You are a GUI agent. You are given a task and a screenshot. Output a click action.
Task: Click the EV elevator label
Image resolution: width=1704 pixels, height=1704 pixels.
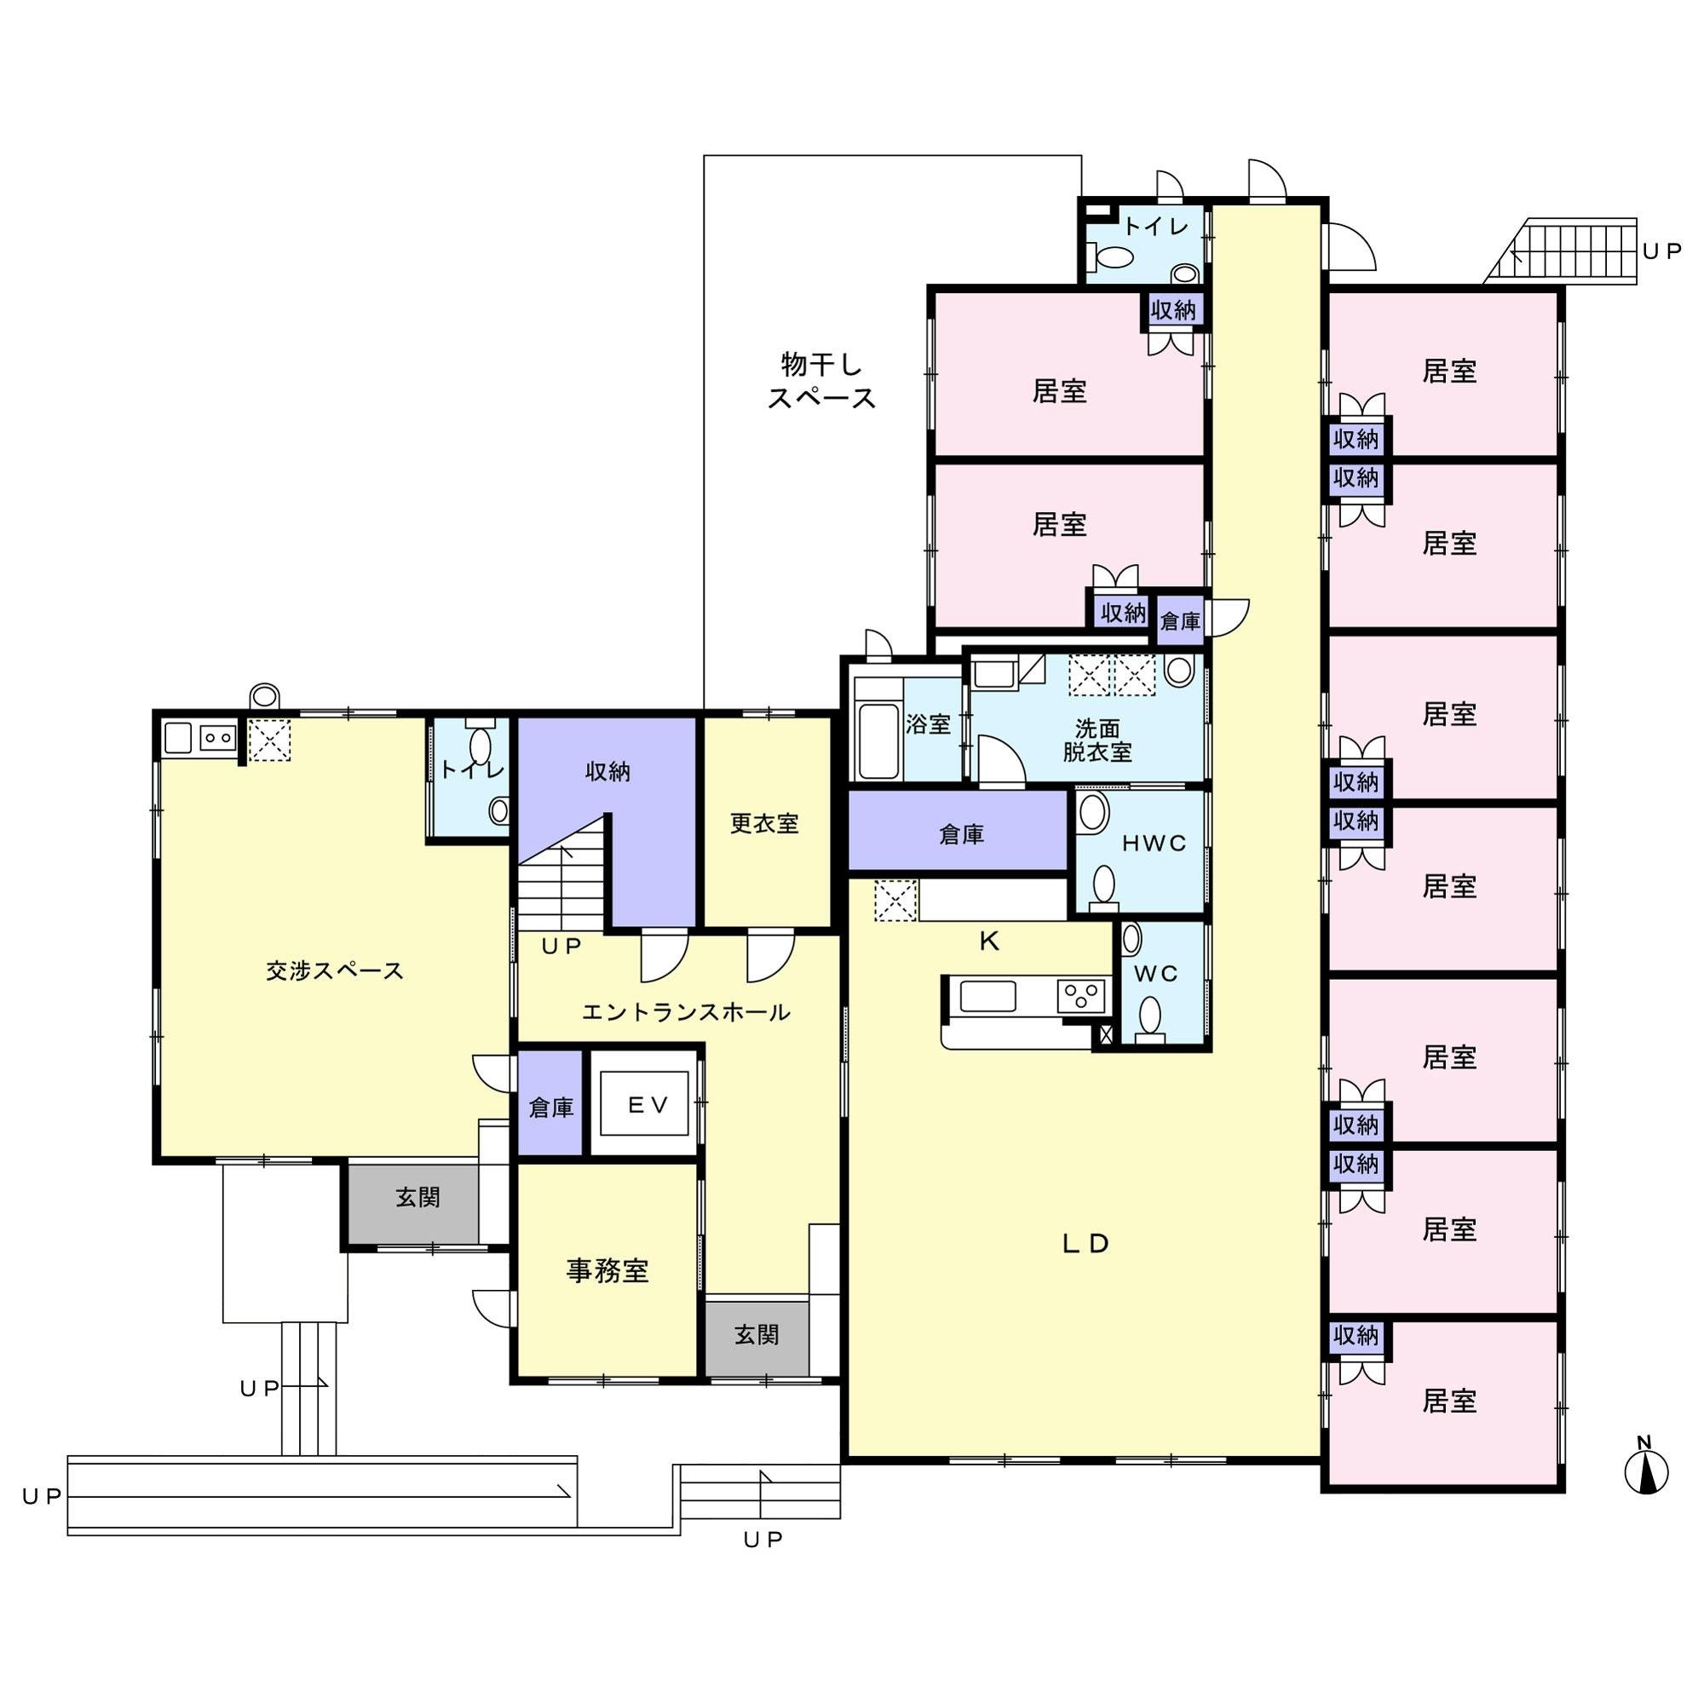[x=648, y=1105]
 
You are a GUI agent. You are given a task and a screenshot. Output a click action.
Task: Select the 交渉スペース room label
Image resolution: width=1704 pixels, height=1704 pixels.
[x=335, y=971]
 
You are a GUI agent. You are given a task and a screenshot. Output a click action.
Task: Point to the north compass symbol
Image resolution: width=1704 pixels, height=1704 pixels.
[x=1647, y=1472]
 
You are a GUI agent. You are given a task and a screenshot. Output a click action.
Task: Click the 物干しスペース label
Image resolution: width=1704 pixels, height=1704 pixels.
[x=821, y=381]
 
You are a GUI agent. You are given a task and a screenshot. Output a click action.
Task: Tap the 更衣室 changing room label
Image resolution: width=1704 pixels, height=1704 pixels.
[x=765, y=823]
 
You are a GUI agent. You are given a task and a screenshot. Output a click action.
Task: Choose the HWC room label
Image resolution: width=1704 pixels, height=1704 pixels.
[x=1154, y=843]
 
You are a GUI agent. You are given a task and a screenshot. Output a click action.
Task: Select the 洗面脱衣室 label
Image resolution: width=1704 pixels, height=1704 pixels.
[x=1097, y=740]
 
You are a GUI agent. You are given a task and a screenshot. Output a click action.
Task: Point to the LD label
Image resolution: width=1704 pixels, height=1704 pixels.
[x=1085, y=1244]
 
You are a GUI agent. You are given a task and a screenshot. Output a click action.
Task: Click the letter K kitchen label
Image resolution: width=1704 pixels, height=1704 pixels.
[x=989, y=942]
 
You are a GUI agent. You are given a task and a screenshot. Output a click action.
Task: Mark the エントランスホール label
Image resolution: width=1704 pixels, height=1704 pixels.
[x=686, y=1012]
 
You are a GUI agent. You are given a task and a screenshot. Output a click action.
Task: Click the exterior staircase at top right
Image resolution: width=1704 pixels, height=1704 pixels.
[x=1560, y=251]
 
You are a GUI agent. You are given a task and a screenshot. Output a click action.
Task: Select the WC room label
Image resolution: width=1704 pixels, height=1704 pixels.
[x=1156, y=974]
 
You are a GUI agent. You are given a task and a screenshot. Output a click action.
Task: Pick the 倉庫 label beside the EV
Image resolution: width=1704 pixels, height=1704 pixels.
[x=551, y=1108]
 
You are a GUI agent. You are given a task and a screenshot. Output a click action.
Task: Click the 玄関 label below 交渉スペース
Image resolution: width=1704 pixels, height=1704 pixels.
[x=417, y=1197]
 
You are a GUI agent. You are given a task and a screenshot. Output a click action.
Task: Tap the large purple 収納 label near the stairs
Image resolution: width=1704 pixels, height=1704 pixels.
[x=607, y=772]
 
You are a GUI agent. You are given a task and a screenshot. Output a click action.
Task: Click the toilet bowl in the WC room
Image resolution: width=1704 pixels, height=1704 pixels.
[x=1150, y=1014]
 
